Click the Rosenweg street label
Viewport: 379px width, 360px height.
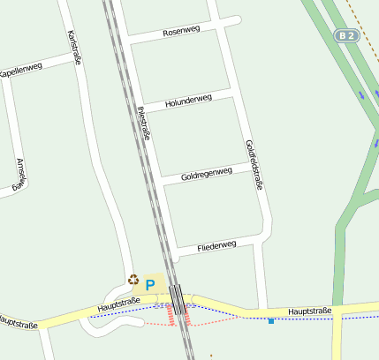182,32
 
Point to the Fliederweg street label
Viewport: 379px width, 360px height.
216,244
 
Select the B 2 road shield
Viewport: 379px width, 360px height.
346,36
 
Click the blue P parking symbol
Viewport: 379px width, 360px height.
150,286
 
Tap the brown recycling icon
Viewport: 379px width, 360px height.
133,280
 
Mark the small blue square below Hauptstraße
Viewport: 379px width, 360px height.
270,321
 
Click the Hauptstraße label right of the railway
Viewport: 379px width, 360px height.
309,311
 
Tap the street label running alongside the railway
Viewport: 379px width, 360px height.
144,124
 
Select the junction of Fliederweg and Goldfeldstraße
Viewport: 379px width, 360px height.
263,236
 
